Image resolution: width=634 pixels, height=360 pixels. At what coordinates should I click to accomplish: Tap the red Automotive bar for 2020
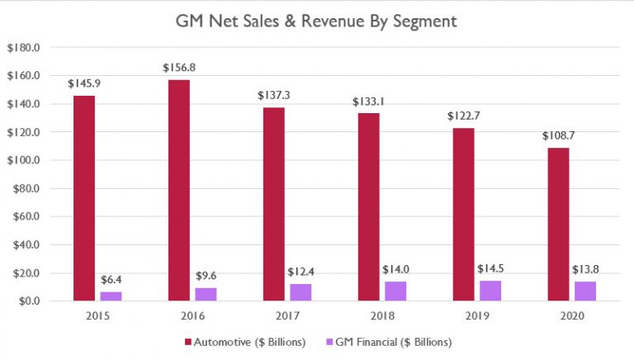click(558, 224)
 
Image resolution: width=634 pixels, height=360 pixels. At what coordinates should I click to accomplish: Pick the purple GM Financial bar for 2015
click(110, 296)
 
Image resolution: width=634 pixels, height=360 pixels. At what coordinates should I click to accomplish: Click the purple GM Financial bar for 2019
click(490, 291)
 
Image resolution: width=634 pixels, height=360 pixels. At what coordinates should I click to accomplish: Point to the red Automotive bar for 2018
click(368, 206)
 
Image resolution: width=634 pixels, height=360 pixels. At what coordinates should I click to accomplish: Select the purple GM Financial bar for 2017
click(300, 292)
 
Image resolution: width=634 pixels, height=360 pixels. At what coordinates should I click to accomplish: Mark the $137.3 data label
click(273, 96)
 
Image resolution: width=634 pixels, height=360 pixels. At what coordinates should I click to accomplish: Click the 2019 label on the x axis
click(477, 316)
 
